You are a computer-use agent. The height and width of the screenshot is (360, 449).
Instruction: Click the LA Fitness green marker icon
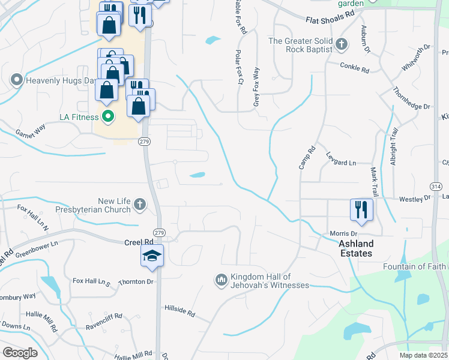tap(108, 116)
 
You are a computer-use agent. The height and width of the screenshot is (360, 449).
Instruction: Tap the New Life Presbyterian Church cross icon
tap(139, 205)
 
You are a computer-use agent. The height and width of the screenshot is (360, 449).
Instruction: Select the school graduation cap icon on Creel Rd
tap(152, 256)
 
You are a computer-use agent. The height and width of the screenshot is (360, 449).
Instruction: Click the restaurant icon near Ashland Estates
tap(361, 209)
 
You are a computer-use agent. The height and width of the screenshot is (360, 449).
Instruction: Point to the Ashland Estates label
tap(356, 248)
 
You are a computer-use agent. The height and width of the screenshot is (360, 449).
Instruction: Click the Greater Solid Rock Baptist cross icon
tap(342, 44)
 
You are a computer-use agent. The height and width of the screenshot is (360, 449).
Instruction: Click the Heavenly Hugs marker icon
tap(16, 79)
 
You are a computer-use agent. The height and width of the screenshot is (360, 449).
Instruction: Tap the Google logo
tap(20, 353)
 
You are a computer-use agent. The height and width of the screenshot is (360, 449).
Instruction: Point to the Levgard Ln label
tap(341, 163)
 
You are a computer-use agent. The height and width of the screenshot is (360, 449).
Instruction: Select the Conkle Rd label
tap(354, 67)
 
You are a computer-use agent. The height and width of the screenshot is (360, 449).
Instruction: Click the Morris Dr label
tap(343, 233)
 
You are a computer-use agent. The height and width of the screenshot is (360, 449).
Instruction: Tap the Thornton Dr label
tap(136, 281)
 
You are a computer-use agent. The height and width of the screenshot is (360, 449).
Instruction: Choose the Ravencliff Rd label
tap(104, 316)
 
